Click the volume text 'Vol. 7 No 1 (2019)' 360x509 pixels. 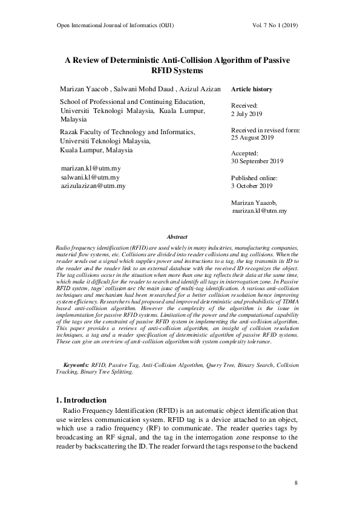[273, 26]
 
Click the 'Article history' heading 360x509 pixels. [252, 89]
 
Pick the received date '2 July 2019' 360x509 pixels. [247, 113]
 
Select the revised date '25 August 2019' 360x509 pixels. [253, 138]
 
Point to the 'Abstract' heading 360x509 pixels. [177, 238]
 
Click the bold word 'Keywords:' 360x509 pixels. [76, 366]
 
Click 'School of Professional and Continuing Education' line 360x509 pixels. [133, 102]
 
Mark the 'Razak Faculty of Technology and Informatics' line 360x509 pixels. [128, 132]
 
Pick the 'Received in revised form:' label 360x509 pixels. [266, 130]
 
